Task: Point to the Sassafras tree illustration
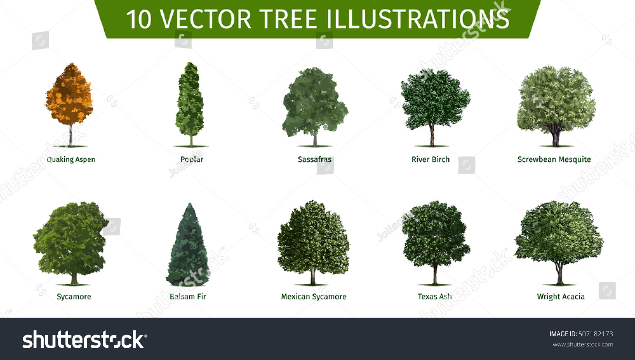point(315,102)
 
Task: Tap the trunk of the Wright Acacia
point(560,273)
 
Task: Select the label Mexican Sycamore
point(314,296)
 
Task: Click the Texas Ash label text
point(434,296)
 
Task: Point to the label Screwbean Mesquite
point(554,159)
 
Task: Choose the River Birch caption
point(431,159)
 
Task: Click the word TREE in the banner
point(289,19)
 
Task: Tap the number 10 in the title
point(138,19)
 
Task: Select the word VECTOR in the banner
point(206,19)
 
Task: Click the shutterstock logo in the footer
point(85,340)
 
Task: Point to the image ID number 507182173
point(596,334)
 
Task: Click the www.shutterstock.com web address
point(583,344)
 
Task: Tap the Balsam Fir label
point(188,296)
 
